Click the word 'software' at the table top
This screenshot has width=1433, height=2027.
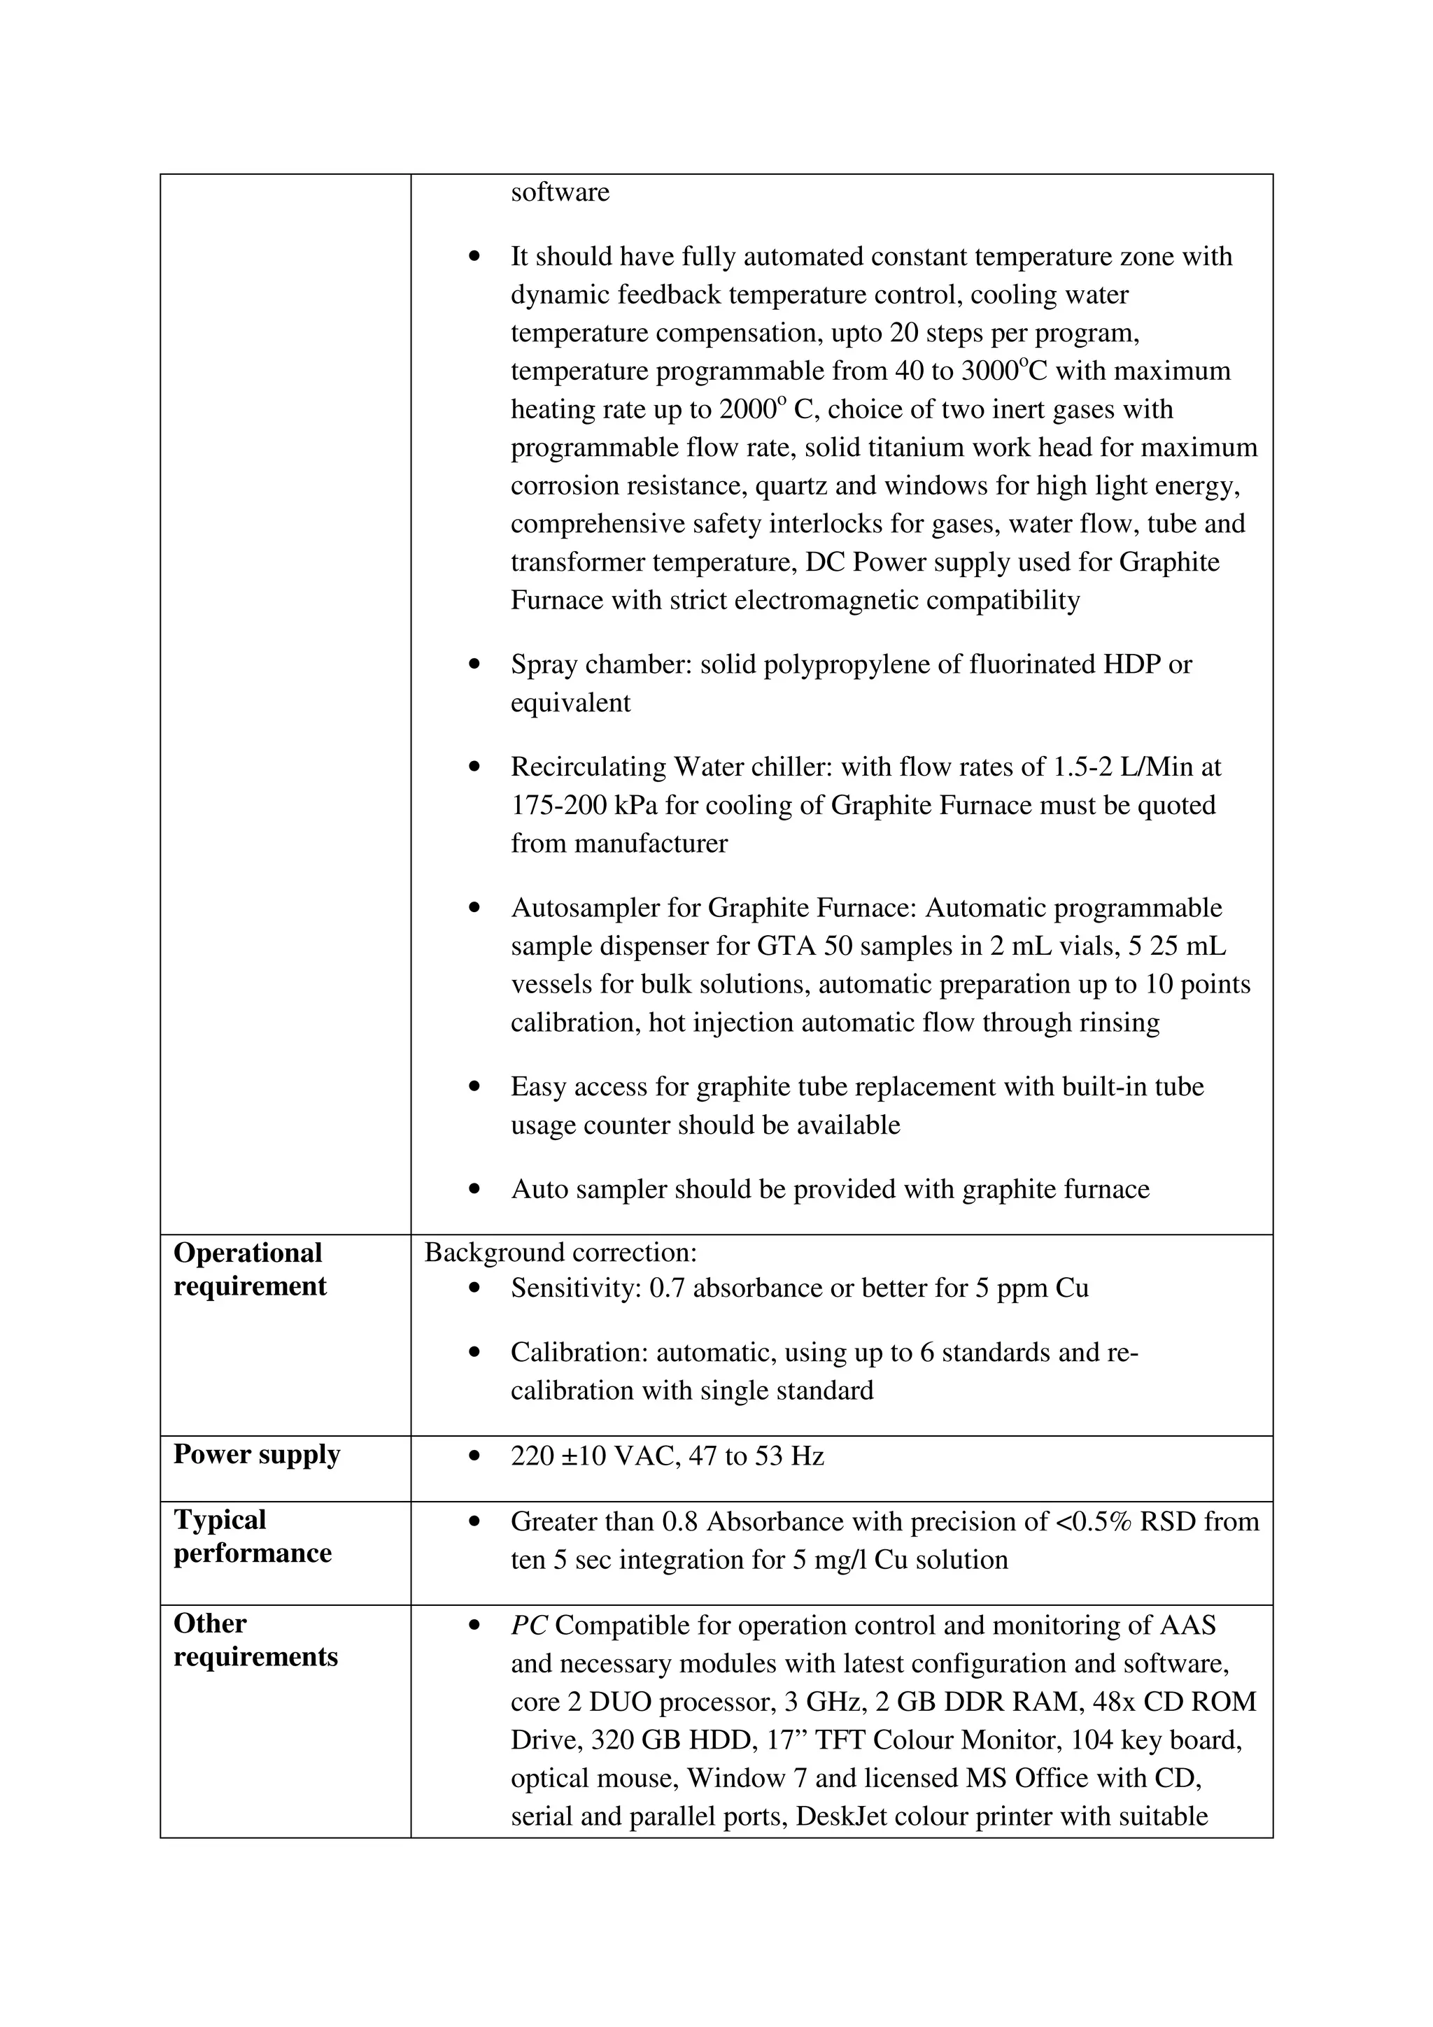tap(560, 192)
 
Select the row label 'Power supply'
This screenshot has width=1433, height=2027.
tap(256, 1454)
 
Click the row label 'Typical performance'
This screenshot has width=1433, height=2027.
tap(252, 1536)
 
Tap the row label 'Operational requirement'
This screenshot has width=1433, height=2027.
tap(249, 1269)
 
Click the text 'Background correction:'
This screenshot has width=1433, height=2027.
tap(560, 1253)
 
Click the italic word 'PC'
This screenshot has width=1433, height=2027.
tap(529, 1626)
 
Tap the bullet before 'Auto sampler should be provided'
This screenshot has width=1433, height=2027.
tap(476, 1190)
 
